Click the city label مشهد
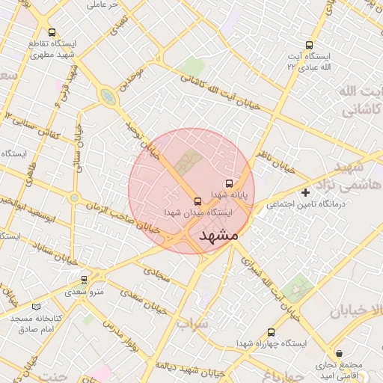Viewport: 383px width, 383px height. [218, 236]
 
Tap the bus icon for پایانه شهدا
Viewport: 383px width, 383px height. [229, 183]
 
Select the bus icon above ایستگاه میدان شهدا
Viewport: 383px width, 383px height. [197, 201]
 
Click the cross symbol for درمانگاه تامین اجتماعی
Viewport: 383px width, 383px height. [305, 193]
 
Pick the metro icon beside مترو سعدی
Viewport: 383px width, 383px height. [84, 278]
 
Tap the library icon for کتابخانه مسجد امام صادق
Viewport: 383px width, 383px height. [37, 306]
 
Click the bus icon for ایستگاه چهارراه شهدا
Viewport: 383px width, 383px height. [271, 331]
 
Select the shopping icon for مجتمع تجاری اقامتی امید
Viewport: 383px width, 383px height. [339, 353]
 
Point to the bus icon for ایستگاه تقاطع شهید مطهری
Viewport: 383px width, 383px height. [52, 32]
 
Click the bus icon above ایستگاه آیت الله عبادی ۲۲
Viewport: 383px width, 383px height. [310, 45]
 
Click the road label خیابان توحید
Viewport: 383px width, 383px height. [142, 138]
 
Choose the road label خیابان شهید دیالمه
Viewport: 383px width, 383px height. [194, 366]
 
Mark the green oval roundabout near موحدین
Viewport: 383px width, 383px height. [109, 97]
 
